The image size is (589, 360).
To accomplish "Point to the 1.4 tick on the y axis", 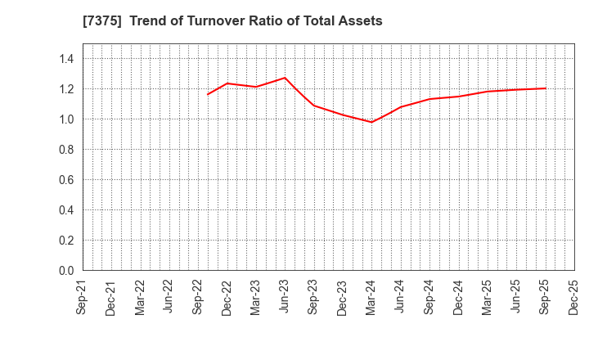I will (x=65, y=59).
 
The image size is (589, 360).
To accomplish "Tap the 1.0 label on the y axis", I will (x=65, y=119).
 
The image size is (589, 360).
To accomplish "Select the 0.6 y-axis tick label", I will (x=65, y=180).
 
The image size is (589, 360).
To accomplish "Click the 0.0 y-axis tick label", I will (x=65, y=271).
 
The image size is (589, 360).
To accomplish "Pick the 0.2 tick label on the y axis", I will (x=65, y=241).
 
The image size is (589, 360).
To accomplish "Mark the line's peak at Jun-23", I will (x=285, y=78).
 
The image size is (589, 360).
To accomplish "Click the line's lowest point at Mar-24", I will (x=371, y=122).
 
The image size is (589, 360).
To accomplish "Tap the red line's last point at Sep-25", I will (x=545, y=88).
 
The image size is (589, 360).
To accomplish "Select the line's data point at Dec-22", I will (x=227, y=83).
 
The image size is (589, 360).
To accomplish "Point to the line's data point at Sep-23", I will (x=313, y=105).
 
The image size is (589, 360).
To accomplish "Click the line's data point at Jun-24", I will (x=400, y=107).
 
